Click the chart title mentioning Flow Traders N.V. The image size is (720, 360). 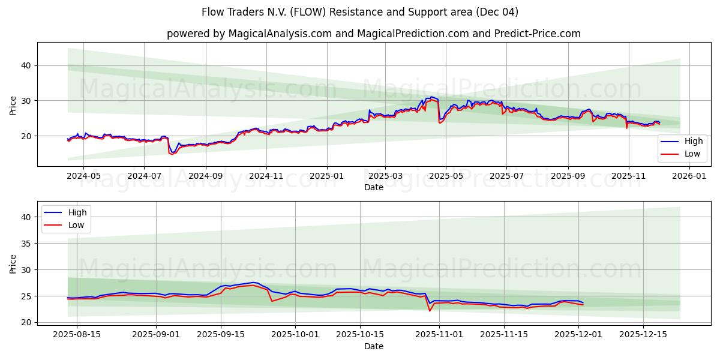(x=360, y=12)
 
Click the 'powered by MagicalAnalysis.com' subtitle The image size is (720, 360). (x=373, y=34)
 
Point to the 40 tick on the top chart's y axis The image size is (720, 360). (x=26, y=65)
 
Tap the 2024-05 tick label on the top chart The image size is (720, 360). (x=83, y=176)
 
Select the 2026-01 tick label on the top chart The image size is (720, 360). (x=689, y=176)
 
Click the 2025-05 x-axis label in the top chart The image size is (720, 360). (x=446, y=176)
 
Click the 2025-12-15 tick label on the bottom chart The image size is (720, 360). (x=643, y=335)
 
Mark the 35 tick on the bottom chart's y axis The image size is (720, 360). (x=26, y=244)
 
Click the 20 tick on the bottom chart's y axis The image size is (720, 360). (x=26, y=322)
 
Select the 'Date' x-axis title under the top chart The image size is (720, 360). (x=373, y=187)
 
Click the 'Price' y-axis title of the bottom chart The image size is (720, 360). (x=13, y=263)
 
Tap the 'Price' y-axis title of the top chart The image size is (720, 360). (x=13, y=104)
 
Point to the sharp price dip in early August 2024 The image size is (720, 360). (x=172, y=154)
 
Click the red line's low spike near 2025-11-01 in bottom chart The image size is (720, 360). (x=430, y=311)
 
